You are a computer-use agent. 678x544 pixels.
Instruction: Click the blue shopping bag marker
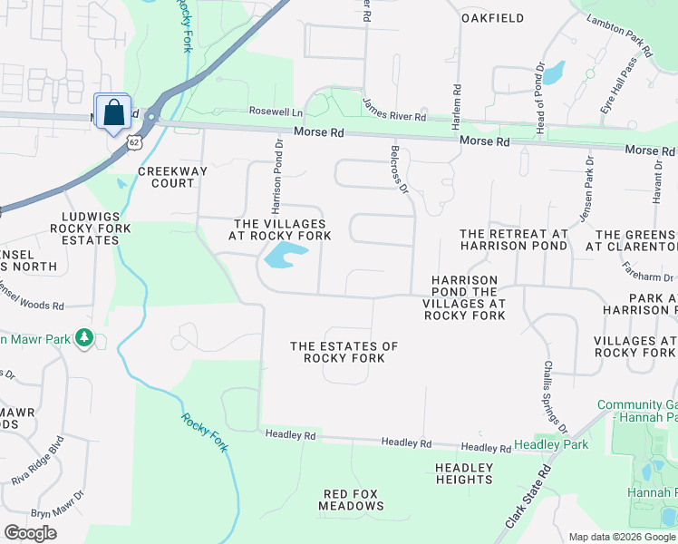[112, 112]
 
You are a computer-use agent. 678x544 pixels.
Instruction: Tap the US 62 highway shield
[134, 141]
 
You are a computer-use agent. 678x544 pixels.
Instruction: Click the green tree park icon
[84, 337]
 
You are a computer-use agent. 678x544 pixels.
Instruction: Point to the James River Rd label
[393, 111]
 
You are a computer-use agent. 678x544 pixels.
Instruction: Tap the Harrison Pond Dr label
[276, 177]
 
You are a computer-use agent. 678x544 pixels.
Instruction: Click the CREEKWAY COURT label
[167, 177]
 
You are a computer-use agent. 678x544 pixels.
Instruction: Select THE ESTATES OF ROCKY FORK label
[344, 352]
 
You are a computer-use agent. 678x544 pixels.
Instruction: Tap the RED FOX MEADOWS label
[353, 500]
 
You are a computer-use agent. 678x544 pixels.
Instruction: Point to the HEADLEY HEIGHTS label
[463, 473]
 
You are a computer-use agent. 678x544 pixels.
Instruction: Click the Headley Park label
[551, 444]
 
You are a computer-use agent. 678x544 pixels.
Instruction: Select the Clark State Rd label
[530, 498]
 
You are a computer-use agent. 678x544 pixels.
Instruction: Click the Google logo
[30, 532]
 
